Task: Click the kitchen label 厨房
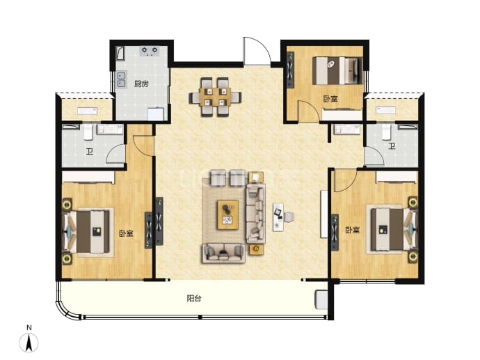pyautogui.click(x=141, y=84)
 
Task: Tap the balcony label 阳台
pyautogui.click(x=194, y=298)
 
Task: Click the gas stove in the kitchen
pyautogui.click(x=150, y=51)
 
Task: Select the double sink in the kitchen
pyautogui.click(x=122, y=79)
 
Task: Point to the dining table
pyautogui.click(x=215, y=97)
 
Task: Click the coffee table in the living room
pyautogui.click(x=227, y=214)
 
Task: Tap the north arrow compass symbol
pyautogui.click(x=29, y=342)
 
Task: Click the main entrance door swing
pyautogui.click(x=257, y=51)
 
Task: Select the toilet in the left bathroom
pyautogui.click(x=88, y=132)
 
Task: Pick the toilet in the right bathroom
pyautogui.click(x=386, y=132)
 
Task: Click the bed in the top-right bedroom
pyautogui.click(x=337, y=70)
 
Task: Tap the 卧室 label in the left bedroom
pyautogui.click(x=126, y=233)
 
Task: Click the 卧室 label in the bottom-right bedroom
pyautogui.click(x=352, y=230)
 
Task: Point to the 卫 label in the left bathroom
pyautogui.click(x=89, y=151)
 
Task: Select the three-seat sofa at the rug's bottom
pyautogui.click(x=223, y=253)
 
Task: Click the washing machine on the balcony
pyautogui.click(x=321, y=299)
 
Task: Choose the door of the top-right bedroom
pyautogui.click(x=309, y=111)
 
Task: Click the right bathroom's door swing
pyautogui.click(x=374, y=157)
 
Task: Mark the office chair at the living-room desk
pyautogui.click(x=289, y=217)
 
